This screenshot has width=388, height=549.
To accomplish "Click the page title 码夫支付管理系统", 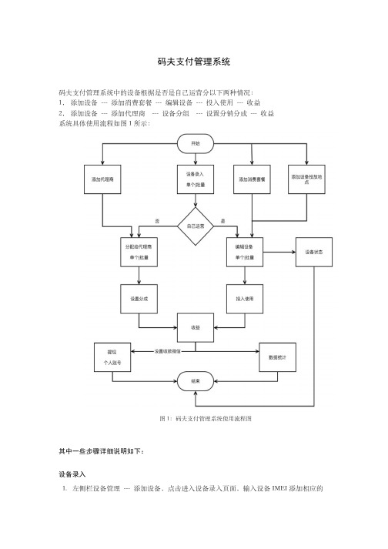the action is pos(194,62).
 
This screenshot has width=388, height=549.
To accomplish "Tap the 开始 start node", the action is pos(196,143).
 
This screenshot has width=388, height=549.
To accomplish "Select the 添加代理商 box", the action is pos(102,179).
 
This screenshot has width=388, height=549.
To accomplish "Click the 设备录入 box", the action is pos(196,179).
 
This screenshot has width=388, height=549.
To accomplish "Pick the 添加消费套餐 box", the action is pos(253,179).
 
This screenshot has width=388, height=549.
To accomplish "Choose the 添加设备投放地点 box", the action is pos(306,179).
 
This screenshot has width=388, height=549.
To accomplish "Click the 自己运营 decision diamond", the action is pos(196,226).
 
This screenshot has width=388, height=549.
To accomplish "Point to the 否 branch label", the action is pos(157,221).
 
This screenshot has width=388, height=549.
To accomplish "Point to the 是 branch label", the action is pos(223,221).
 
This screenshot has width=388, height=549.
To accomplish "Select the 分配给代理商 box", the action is pos(139,252).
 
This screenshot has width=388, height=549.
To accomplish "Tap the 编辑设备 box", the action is pos(245,252).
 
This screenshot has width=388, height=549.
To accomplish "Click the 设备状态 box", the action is pos(314,252).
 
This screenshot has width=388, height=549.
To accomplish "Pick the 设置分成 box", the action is pos(139,299).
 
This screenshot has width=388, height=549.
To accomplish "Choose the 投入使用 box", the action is pos(245,299).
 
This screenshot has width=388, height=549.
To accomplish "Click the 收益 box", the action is pos(196,328).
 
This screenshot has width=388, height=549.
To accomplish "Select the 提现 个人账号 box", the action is pos(112,357).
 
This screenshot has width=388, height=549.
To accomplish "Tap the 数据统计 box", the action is pos(278,357).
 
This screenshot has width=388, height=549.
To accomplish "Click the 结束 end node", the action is pos(196,381).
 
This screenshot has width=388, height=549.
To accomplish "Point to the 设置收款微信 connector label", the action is pos(168,351).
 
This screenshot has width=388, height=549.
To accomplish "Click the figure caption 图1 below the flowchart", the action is pos(206,418).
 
